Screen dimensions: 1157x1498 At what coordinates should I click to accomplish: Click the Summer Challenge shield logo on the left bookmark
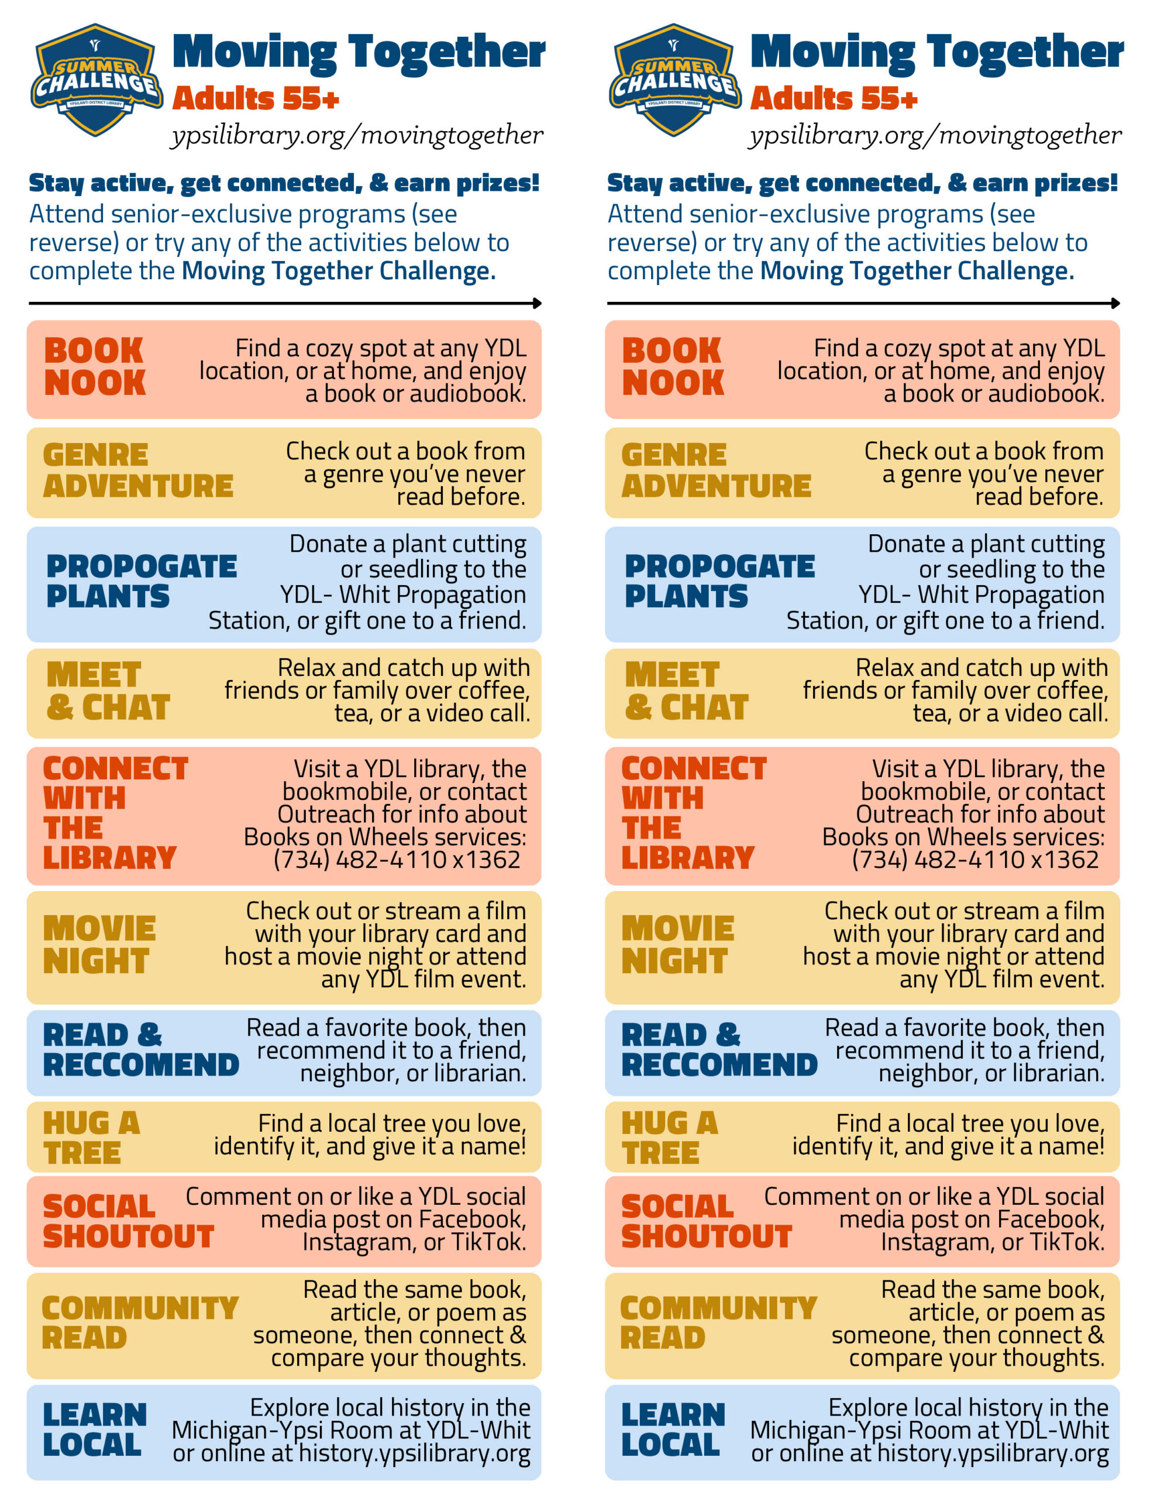click(x=96, y=80)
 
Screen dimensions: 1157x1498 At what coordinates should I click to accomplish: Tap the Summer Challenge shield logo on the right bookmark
click(x=675, y=80)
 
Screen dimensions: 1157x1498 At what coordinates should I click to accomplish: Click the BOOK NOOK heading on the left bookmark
click(x=95, y=366)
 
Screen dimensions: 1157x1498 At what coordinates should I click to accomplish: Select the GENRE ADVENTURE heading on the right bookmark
click(x=716, y=470)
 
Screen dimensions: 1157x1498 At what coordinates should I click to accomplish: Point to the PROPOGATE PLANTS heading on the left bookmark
click(x=142, y=581)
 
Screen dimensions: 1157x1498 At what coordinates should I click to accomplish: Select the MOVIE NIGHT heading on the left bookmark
click(x=99, y=944)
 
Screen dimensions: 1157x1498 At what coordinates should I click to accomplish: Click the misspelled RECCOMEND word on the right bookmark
click(x=719, y=1064)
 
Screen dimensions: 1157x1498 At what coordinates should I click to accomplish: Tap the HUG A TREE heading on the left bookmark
click(x=91, y=1138)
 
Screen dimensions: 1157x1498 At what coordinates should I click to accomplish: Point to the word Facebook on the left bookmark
click(x=473, y=1219)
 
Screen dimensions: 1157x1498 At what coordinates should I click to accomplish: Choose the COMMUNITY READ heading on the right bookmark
click(x=718, y=1323)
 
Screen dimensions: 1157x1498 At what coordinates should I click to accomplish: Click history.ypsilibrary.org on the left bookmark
click(x=414, y=1454)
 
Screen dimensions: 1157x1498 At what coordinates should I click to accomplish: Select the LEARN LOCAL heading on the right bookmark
click(x=673, y=1430)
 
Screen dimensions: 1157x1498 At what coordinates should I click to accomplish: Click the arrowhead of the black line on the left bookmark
click(x=537, y=303)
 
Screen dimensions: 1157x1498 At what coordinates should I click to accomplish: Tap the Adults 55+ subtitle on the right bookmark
click(x=834, y=99)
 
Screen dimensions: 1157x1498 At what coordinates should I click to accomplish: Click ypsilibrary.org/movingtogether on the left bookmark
click(x=357, y=136)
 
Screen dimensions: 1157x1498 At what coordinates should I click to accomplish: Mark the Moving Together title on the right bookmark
click(x=937, y=52)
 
